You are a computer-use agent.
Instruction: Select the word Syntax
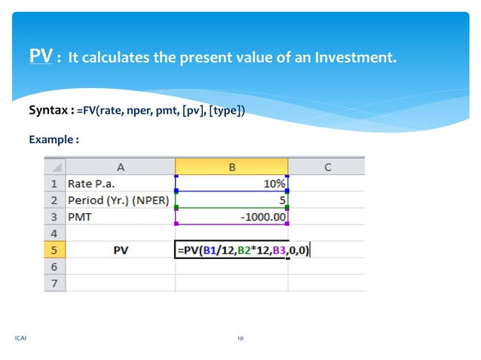point(50,111)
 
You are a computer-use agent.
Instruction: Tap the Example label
point(54,139)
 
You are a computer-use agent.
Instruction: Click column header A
point(121,166)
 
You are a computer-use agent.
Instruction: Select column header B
point(231,166)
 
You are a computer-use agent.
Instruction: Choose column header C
point(327,166)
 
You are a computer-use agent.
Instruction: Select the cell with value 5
point(231,200)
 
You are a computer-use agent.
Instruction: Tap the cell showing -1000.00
point(231,217)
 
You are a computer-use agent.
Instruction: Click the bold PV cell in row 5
point(121,250)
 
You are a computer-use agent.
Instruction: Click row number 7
point(54,283)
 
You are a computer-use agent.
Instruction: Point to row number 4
point(54,233)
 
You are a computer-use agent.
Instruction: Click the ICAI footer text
point(20,338)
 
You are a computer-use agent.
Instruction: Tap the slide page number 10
point(240,338)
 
